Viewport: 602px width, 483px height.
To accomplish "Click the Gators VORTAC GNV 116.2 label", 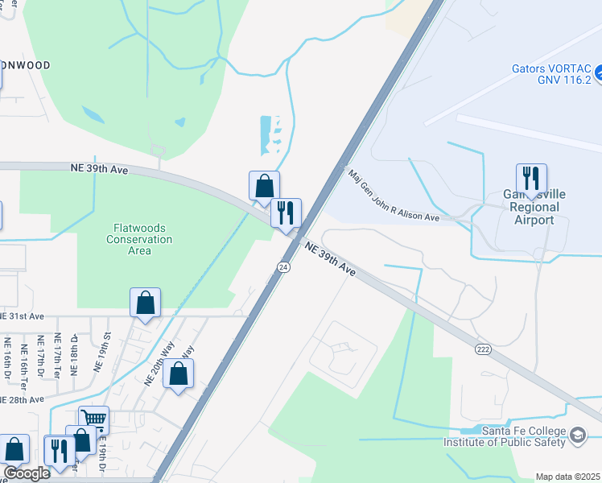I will [x=551, y=75].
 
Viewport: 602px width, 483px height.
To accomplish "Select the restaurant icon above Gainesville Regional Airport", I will [x=531, y=178].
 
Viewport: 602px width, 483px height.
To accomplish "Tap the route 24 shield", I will [x=284, y=266].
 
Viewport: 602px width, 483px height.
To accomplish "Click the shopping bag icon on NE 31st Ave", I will [x=145, y=303].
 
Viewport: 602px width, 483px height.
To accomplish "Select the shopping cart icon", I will [x=93, y=419].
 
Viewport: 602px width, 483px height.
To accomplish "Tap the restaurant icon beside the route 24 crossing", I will [x=286, y=213].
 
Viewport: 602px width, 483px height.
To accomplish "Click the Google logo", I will [x=27, y=473].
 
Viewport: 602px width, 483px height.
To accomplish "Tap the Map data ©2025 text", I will [x=567, y=477].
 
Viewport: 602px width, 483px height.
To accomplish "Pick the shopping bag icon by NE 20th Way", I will [x=179, y=374].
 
